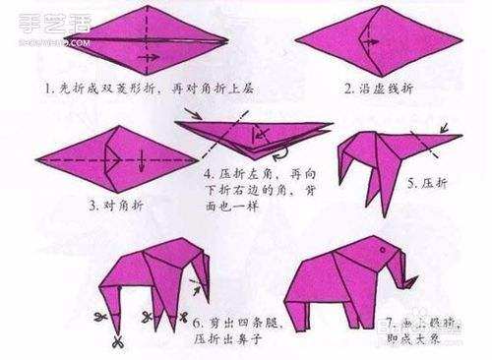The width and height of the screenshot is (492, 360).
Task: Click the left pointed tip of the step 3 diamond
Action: click(35, 157)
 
